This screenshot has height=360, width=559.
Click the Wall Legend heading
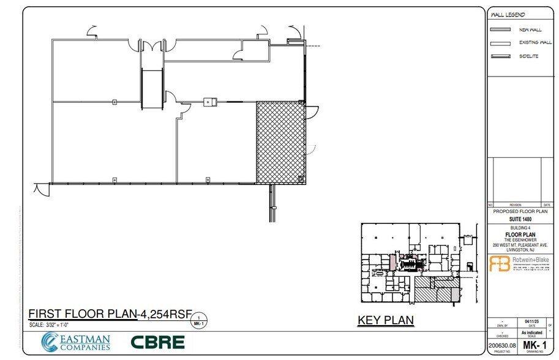(509, 15)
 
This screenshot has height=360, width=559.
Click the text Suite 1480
(520, 219)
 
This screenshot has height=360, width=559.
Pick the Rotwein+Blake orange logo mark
(500, 263)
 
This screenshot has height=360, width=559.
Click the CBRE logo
(157, 342)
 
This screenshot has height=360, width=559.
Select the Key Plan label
(385, 320)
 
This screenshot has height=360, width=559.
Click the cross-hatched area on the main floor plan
(280, 142)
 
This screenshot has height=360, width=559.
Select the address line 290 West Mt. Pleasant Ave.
(520, 245)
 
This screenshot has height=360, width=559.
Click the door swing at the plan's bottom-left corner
(42, 190)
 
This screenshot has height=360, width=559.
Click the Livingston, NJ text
(520, 250)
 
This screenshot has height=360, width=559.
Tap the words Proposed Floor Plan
(520, 211)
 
